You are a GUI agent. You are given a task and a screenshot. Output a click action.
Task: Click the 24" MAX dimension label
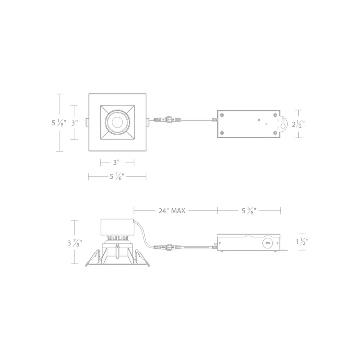click(x=172, y=210)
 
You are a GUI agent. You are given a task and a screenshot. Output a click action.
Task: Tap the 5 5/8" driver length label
click(x=249, y=210)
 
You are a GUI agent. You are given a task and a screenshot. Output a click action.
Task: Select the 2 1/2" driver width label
click(x=298, y=124)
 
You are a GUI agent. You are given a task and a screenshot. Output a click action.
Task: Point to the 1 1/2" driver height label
click(x=302, y=242)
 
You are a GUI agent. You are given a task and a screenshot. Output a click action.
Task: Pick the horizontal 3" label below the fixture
click(x=116, y=162)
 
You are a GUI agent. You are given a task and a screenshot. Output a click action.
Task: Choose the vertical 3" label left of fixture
click(x=74, y=123)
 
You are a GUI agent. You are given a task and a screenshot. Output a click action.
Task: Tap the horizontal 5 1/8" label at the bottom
click(x=117, y=176)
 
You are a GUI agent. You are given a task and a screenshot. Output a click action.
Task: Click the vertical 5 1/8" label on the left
click(x=59, y=123)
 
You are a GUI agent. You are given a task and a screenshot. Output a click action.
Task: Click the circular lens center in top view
click(x=117, y=122)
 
